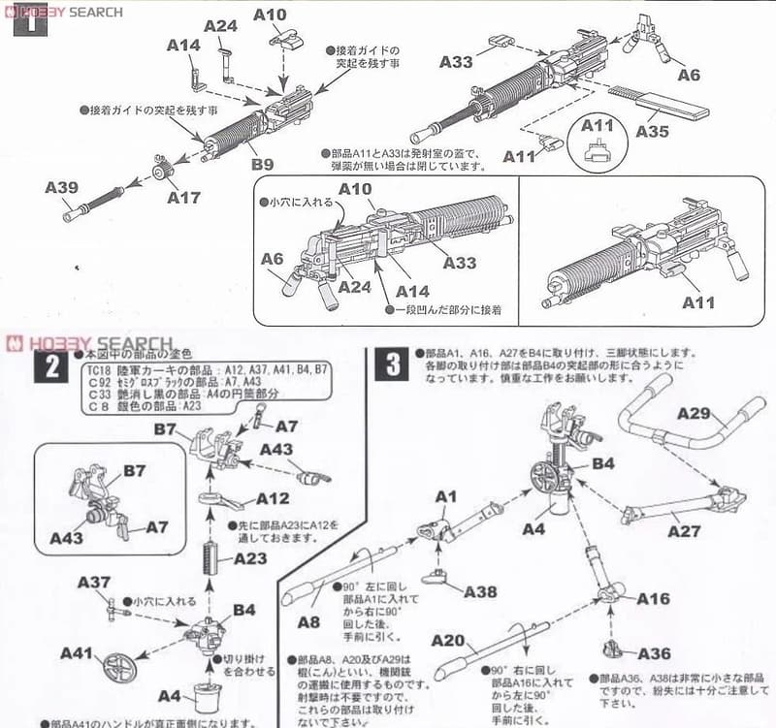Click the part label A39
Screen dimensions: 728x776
click(x=61, y=187)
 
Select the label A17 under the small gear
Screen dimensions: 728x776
click(x=183, y=198)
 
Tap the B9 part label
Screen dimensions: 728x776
click(x=264, y=166)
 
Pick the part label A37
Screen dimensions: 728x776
click(x=94, y=582)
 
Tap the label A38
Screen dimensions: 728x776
click(x=480, y=591)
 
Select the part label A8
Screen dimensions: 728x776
click(x=309, y=621)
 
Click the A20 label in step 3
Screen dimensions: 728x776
click(x=448, y=641)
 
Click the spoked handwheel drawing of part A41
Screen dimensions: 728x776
click(x=116, y=668)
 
